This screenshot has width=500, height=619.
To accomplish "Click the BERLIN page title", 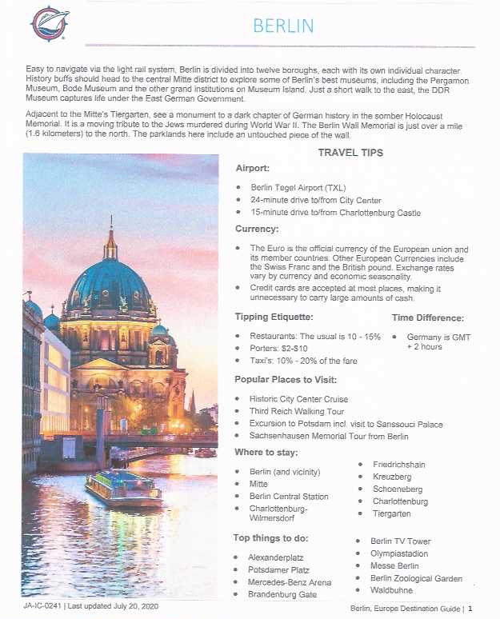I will pyautogui.click(x=283, y=26).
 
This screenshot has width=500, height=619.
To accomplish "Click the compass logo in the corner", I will pyautogui.click(x=50, y=23).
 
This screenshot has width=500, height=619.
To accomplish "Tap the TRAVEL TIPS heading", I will pyautogui.click(x=350, y=153).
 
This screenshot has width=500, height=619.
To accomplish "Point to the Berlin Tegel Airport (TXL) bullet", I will pyautogui.click(x=291, y=187).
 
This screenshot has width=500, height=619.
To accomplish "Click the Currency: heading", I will pyautogui.click(x=256, y=230).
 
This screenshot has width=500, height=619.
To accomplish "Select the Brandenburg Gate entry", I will pyautogui.click(x=282, y=594).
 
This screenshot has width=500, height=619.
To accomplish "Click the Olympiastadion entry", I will pyautogui.click(x=398, y=553).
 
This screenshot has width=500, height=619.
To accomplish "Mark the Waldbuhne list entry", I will pyautogui.click(x=390, y=590).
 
